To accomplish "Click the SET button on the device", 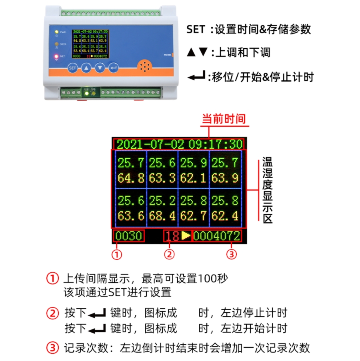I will click(x=72, y=68).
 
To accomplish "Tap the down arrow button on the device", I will click(x=100, y=68).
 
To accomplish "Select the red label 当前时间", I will click(x=223, y=119).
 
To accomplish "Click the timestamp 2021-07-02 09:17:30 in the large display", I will click(x=180, y=144).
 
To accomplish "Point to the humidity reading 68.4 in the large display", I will click(x=162, y=216).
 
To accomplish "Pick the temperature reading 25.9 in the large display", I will click(x=193, y=162).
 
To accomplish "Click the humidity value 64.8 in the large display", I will click(x=131, y=178).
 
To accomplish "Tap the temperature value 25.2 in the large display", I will click(x=162, y=200).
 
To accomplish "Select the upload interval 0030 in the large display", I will click(x=128, y=236).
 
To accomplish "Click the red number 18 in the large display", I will click(x=172, y=236).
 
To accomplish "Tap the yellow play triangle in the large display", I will click(x=186, y=235).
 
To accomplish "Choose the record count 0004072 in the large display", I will click(x=216, y=236).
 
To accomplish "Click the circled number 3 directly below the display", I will click(x=231, y=254).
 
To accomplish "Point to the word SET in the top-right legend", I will click(x=196, y=30).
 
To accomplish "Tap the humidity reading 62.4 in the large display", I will click(x=225, y=216).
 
